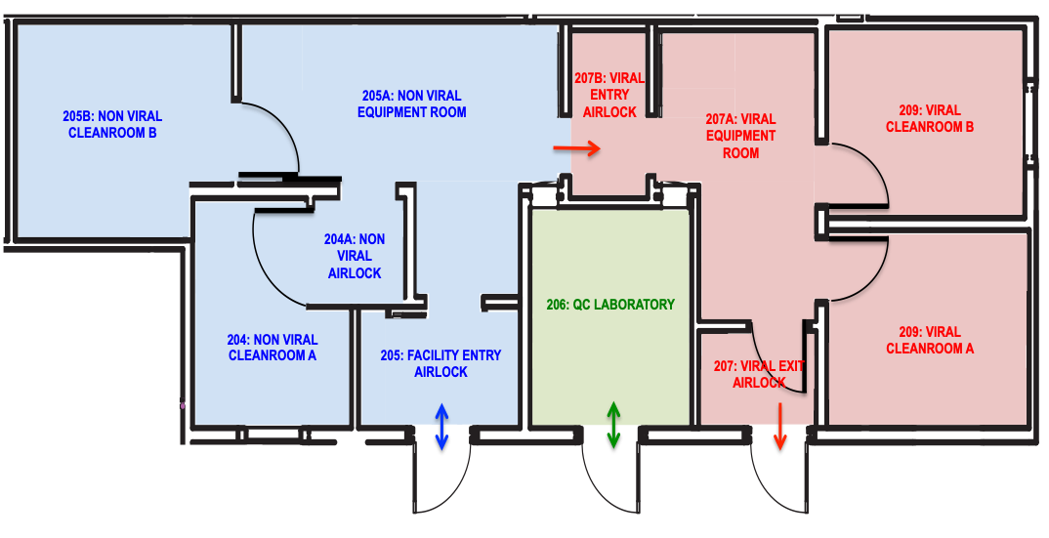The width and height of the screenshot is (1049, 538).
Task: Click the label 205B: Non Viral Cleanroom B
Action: pyautogui.click(x=112, y=124)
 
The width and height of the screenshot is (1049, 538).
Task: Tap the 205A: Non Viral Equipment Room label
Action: pyautogui.click(x=411, y=103)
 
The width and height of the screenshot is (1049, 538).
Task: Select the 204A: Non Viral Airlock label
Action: pyautogui.click(x=355, y=256)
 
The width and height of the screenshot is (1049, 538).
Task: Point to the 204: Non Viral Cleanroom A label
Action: pyautogui.click(x=273, y=348)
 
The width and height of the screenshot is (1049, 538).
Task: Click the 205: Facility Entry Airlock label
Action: pyautogui.click(x=441, y=363)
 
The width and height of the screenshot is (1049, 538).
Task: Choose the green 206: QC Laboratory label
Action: pyautogui.click(x=609, y=305)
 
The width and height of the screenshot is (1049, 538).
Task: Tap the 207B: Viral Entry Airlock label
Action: pyautogui.click(x=609, y=94)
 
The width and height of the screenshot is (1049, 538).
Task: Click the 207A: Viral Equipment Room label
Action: pyautogui.click(x=740, y=136)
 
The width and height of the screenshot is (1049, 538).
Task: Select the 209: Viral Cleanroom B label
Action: pyautogui.click(x=929, y=118)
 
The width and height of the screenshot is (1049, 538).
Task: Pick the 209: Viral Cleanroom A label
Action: pyautogui.click(x=929, y=340)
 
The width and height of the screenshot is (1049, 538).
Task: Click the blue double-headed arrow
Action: pyautogui.click(x=441, y=428)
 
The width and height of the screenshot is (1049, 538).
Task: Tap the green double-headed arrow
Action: pyautogui.click(x=613, y=425)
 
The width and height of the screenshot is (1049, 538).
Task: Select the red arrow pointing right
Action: pyautogui.click(x=577, y=148)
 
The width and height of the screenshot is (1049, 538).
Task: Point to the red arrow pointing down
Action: pyautogui.click(x=779, y=427)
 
